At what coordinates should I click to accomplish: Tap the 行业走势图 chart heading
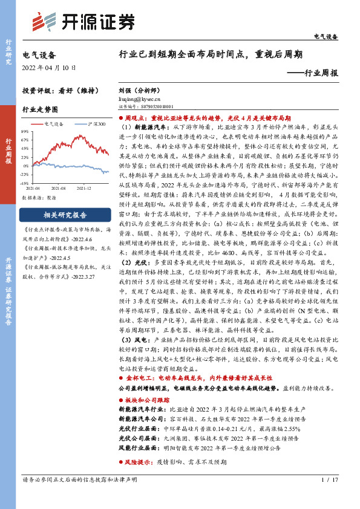click(40, 109)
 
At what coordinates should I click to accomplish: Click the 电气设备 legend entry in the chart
click(52, 124)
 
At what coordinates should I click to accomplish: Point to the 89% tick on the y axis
click(27, 131)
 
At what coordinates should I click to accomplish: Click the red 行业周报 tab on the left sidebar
click(8, 151)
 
